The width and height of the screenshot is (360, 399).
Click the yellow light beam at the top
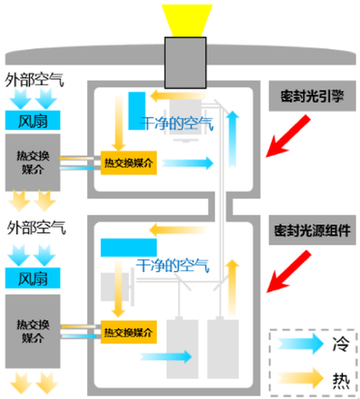tap(187, 20)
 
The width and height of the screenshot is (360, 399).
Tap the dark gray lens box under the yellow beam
tap(186, 63)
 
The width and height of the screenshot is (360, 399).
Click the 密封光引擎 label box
tap(312, 96)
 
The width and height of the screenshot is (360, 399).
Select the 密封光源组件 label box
tap(312, 230)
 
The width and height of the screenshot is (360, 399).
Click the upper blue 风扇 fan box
tap(32, 120)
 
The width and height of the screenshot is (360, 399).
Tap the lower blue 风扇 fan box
tap(32, 278)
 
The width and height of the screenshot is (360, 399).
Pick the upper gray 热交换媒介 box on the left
tap(32, 163)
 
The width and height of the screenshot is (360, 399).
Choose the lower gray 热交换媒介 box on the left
tap(32, 331)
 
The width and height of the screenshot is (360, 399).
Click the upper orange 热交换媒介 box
tap(128, 163)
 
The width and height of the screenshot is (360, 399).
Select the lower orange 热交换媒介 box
tap(128, 332)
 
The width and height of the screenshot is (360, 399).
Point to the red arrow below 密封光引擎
tap(288, 136)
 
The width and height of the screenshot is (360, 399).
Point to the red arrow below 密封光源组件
tap(289, 272)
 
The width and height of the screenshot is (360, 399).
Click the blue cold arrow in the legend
tap(300, 344)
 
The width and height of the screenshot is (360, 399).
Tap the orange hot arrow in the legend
tap(300, 379)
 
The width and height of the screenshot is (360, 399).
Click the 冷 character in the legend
tap(341, 344)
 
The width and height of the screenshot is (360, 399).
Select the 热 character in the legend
tap(341, 381)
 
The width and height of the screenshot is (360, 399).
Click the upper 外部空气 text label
tap(35, 80)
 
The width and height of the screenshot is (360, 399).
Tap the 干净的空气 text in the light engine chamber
tap(177, 124)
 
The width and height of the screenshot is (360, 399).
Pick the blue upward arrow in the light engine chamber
tap(233, 139)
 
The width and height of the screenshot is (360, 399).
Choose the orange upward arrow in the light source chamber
tap(233, 288)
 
